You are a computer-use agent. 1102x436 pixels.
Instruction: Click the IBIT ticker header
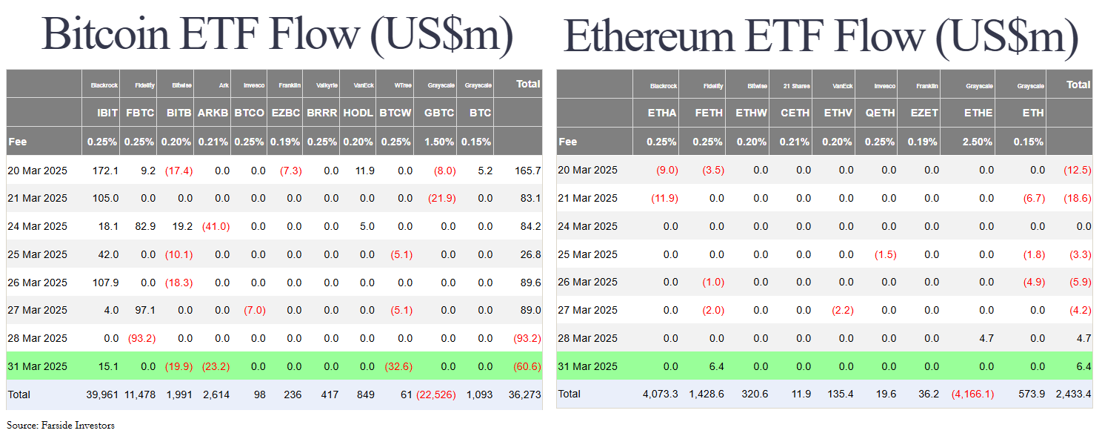point(108,113)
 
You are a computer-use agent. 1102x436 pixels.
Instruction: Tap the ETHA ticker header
point(661,113)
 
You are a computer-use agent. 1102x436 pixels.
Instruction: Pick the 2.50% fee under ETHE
point(977,142)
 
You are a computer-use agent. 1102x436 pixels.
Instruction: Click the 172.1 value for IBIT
point(105,171)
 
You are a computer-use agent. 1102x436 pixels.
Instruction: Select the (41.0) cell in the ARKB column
point(216,226)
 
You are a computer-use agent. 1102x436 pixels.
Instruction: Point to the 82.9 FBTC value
point(141,226)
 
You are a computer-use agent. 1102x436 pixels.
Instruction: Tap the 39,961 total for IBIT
point(103,394)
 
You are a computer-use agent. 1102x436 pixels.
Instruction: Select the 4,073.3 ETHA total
point(659,394)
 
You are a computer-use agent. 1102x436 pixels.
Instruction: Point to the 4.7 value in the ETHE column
point(984,338)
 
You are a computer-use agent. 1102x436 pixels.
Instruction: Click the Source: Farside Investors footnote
point(61,426)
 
